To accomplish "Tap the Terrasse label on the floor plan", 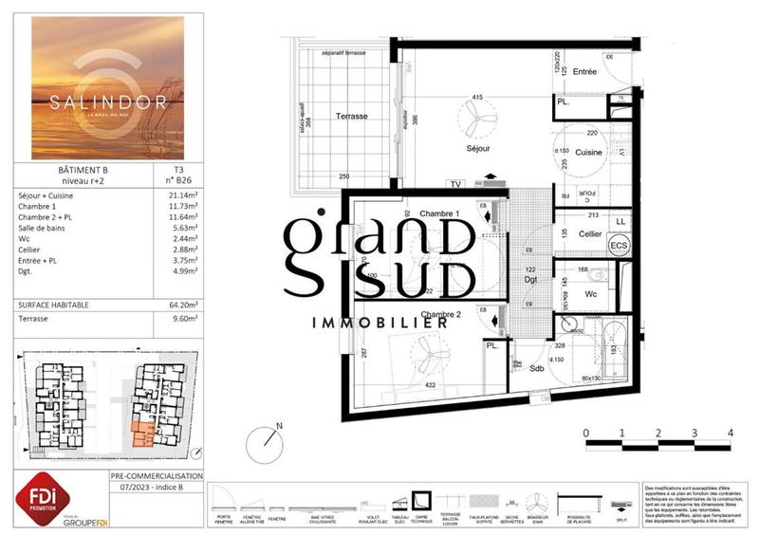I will tap(352, 116).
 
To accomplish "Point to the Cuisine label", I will tap(589, 152).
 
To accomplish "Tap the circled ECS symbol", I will tap(619, 246).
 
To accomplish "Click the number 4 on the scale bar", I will tap(729, 434).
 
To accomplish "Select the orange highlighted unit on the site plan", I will tap(143, 433).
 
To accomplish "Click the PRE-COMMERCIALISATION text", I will tap(157, 475).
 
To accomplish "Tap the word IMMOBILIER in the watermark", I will tap(379, 323).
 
